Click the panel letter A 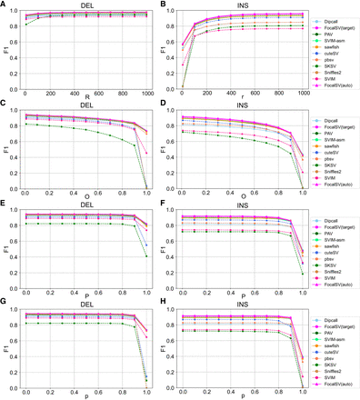(x=4, y=5)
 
